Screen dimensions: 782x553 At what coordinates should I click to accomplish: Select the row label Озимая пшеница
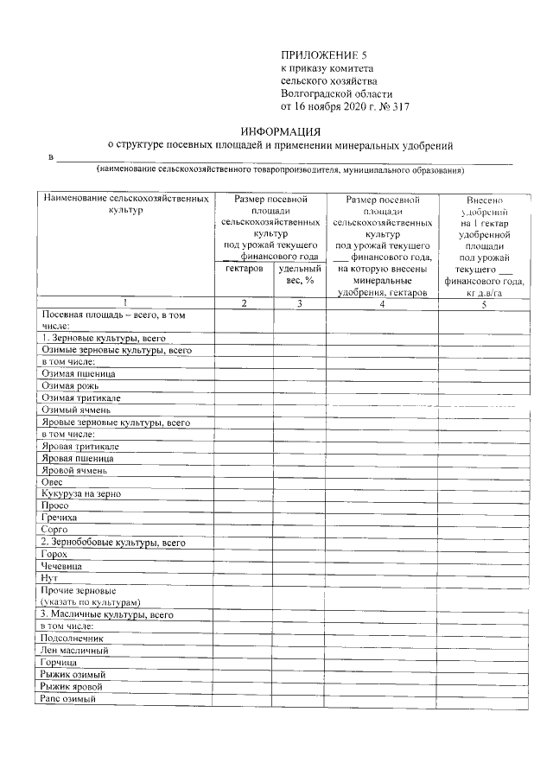click(78, 374)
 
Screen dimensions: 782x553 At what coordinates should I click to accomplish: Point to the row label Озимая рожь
click(70, 386)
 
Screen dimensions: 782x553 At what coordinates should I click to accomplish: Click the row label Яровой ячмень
click(74, 471)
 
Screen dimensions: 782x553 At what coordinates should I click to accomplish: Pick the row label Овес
click(52, 482)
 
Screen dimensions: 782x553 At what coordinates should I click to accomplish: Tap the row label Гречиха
click(59, 517)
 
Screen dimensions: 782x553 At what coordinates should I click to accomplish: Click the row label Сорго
click(54, 529)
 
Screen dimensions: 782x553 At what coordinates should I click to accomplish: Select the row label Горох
click(54, 554)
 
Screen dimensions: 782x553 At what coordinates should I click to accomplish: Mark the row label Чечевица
click(61, 566)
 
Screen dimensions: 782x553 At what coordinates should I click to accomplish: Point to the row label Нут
click(49, 577)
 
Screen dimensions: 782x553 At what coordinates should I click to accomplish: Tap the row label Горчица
click(59, 662)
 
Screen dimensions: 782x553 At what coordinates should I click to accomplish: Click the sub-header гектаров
click(244, 269)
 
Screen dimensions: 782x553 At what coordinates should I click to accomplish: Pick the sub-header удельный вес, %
click(299, 275)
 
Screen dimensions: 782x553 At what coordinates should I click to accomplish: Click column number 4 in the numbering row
click(381, 303)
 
